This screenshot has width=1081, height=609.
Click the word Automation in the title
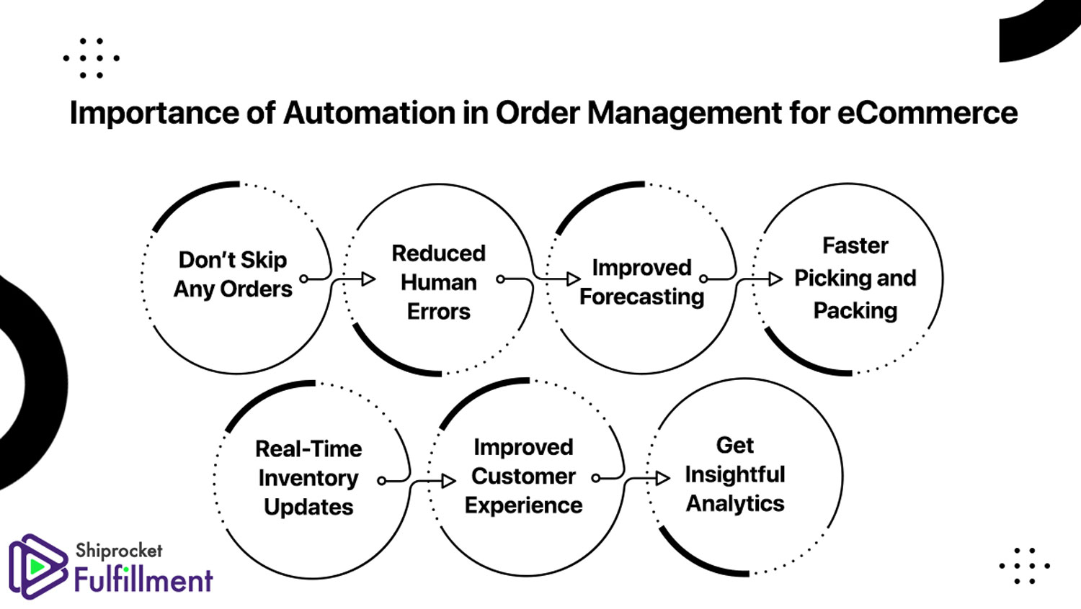[369, 113]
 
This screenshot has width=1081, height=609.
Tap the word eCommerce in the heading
[927, 113]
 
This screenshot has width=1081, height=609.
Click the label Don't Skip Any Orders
[233, 274]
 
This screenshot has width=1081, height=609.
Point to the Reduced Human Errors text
[439, 283]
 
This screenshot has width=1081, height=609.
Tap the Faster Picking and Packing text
[855, 278]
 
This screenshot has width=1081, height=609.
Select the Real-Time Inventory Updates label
[308, 478]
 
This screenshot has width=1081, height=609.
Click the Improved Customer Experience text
[524, 477]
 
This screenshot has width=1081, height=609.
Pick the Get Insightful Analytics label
[735, 474]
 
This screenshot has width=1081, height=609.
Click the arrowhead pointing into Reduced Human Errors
[369, 279]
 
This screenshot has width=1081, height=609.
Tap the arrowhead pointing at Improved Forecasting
[574, 279]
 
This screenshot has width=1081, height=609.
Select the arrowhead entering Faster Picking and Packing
[775, 279]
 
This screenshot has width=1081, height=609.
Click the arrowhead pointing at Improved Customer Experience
[449, 481]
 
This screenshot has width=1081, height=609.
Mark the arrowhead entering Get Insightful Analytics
[663, 478]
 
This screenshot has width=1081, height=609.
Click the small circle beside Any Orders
[303, 279]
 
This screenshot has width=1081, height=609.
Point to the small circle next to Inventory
[381, 481]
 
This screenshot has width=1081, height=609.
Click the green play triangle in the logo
[36, 567]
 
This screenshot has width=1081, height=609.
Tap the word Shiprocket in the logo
[119, 551]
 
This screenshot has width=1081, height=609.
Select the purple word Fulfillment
[143, 580]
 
